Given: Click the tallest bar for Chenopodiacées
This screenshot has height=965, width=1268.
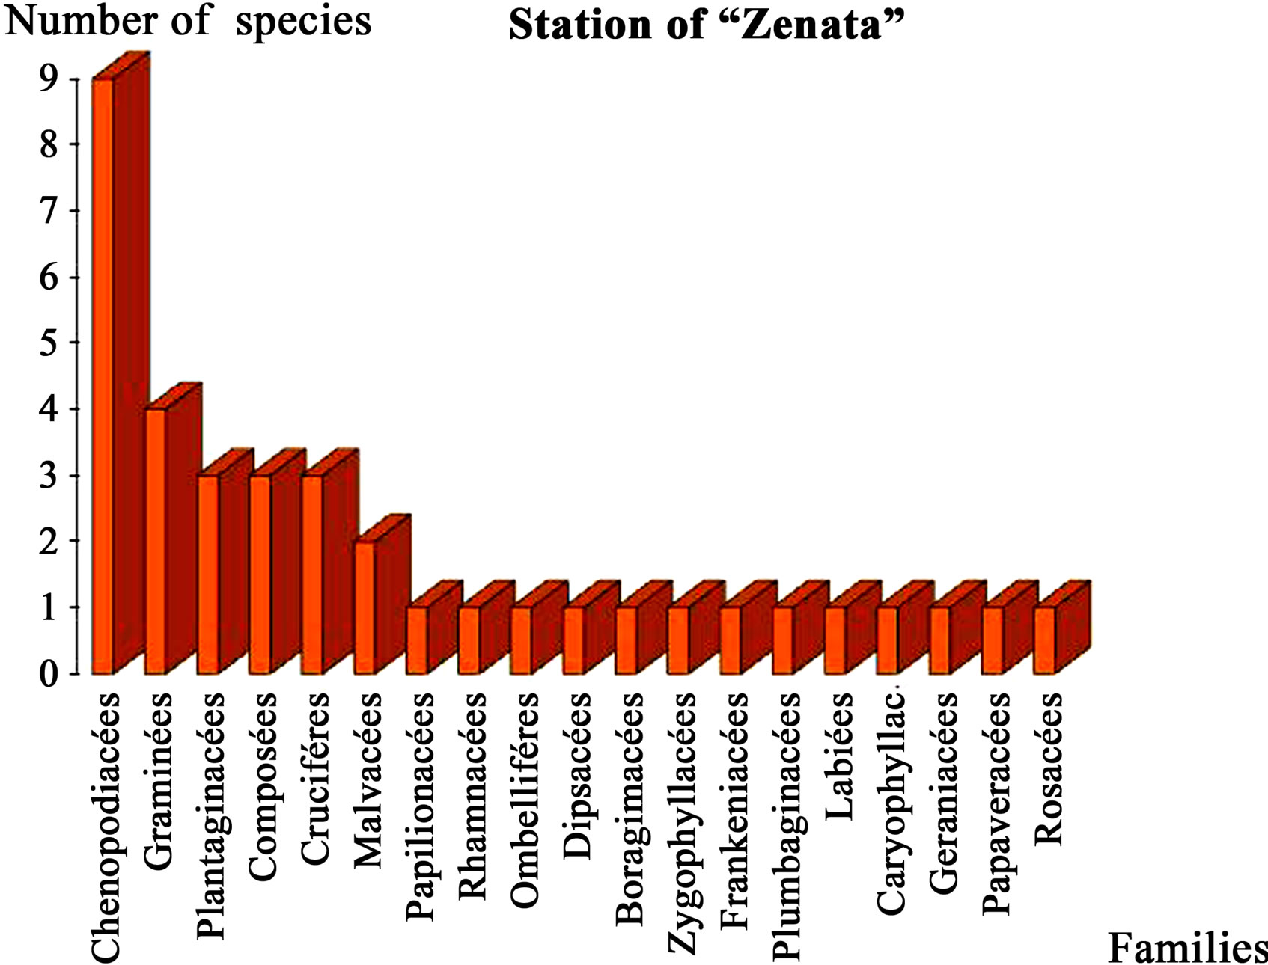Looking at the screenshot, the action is pos(120,363).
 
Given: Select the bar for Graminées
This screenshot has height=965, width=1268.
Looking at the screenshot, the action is pos(173,528).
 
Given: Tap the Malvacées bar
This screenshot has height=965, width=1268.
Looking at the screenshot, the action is pos(382,594).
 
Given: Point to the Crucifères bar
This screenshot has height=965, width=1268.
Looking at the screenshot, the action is pos(330,561).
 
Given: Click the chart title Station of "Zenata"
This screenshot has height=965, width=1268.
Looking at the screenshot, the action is pos(707,25).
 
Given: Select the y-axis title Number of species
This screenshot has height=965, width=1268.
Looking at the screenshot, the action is pos(188,20).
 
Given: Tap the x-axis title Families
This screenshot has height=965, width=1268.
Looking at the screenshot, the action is pos(1187,948).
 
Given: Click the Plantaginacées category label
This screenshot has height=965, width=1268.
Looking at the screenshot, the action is pos(210,816).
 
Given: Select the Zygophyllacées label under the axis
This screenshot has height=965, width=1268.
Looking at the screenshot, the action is pos(682,824).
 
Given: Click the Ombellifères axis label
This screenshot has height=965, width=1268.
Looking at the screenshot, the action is pos(525,800).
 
